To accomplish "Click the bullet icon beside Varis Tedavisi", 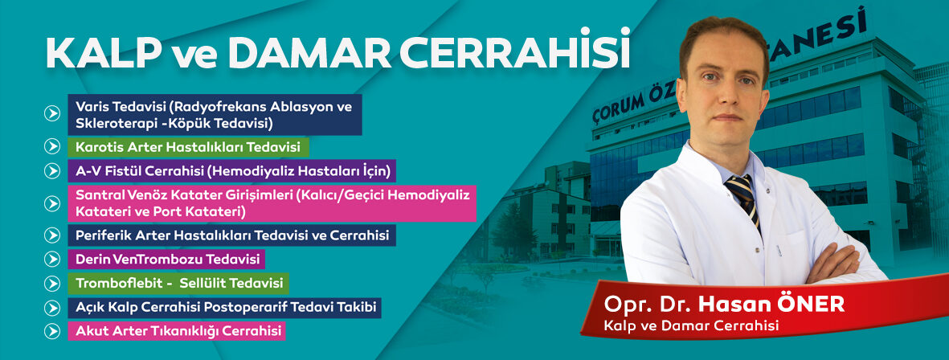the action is tap(53, 113).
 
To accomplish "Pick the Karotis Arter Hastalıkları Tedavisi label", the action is tap(188, 147).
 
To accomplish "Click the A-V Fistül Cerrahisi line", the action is tap(231, 170).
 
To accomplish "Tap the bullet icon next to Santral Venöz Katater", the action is tap(53, 203).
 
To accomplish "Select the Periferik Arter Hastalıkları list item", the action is tap(231, 235).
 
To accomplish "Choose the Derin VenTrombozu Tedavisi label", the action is tap(166, 260).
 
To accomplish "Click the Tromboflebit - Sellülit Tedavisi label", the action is tap(178, 283).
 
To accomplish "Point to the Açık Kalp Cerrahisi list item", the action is tap(224, 307).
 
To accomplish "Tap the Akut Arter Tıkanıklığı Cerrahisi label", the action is tap(176, 331).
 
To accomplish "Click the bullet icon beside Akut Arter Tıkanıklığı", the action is tap(53, 331).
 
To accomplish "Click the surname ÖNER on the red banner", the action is tap(809, 305).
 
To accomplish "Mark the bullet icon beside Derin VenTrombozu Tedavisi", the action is tap(53, 260).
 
